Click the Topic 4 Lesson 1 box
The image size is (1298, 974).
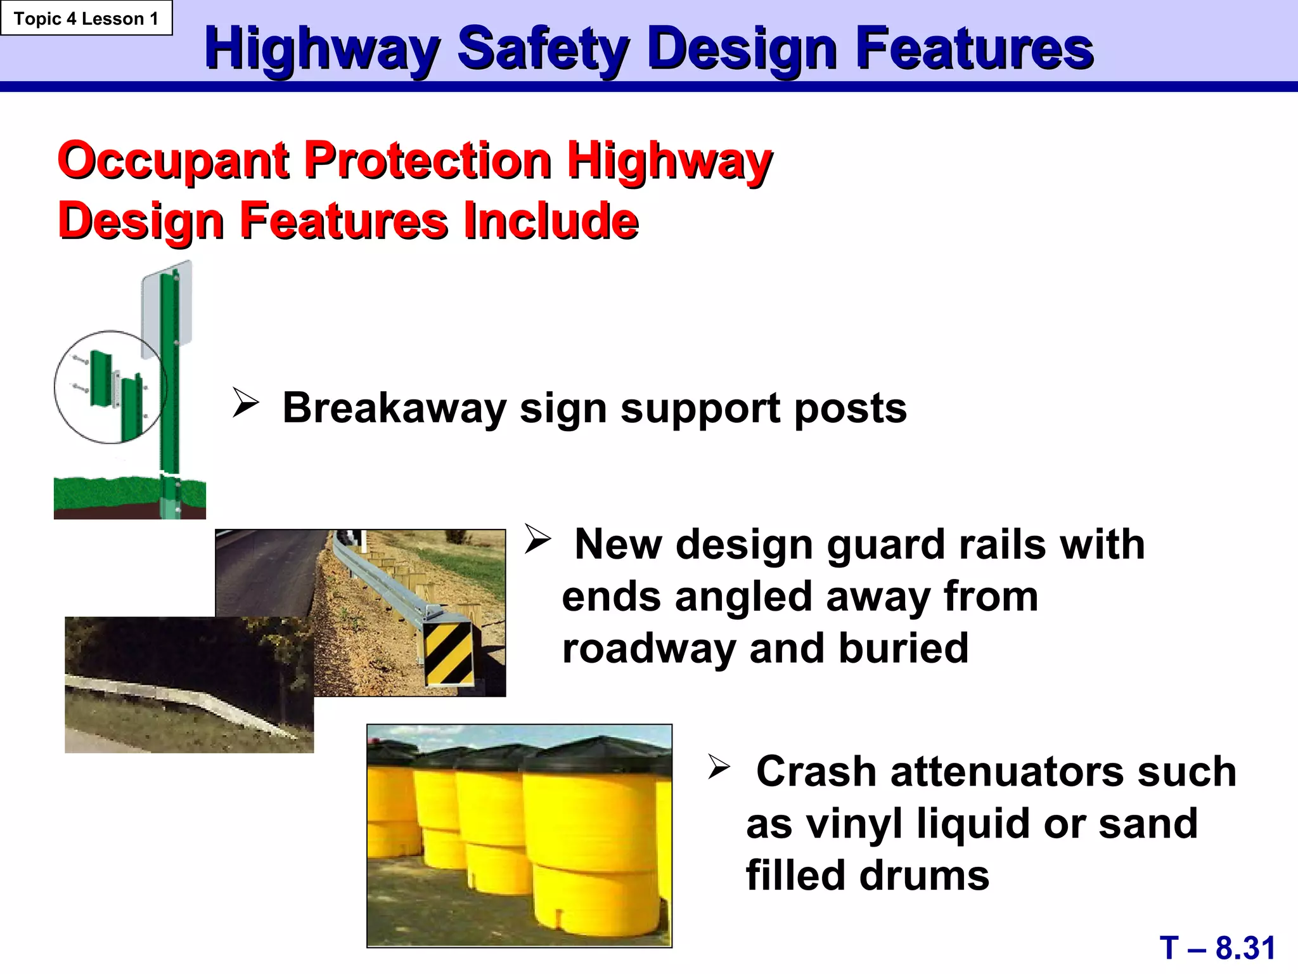point(86,18)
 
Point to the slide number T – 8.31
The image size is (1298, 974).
point(1217,948)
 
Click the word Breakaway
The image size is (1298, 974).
point(394,408)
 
